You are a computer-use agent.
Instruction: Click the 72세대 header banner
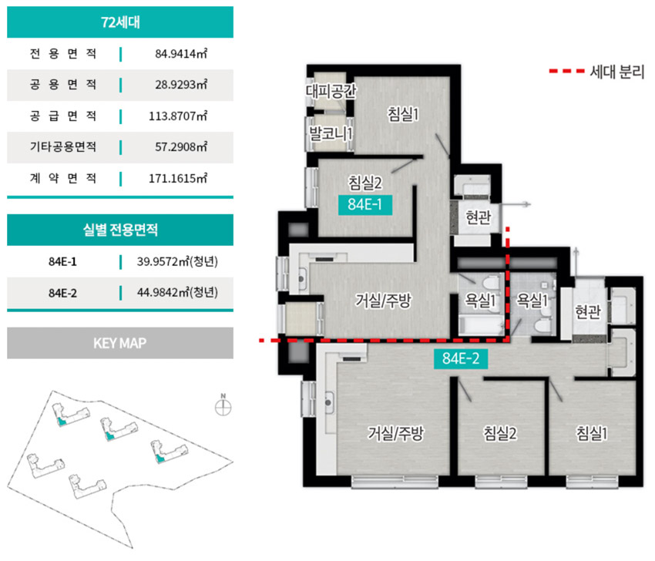pyautogui.click(x=120, y=22)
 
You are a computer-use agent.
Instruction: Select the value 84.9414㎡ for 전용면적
pyautogui.click(x=181, y=54)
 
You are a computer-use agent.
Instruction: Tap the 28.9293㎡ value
pyautogui.click(x=181, y=85)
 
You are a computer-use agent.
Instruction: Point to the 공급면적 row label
pyautogui.click(x=63, y=116)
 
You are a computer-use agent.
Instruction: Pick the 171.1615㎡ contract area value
pyautogui.click(x=178, y=178)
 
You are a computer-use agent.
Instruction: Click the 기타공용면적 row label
pyautogui.click(x=63, y=146)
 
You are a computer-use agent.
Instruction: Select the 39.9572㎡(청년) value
pyautogui.click(x=177, y=261)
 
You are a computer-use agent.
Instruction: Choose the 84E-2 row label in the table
pyautogui.click(x=62, y=294)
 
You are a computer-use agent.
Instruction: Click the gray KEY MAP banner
pyautogui.click(x=120, y=343)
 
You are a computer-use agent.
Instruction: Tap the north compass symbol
pyautogui.click(x=223, y=406)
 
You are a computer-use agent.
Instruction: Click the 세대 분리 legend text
pyautogui.click(x=617, y=72)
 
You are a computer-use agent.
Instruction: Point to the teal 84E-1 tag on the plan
pyautogui.click(x=365, y=205)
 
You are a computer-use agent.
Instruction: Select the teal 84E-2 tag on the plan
pyautogui.click(x=461, y=358)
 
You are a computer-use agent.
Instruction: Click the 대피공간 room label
pyautogui.click(x=331, y=91)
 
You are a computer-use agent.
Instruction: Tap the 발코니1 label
pyautogui.click(x=331, y=133)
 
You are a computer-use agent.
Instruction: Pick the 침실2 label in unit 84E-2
pyautogui.click(x=500, y=433)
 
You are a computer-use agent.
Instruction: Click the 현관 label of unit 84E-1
pyautogui.click(x=479, y=217)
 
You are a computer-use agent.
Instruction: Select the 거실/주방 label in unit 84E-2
pyautogui.click(x=395, y=433)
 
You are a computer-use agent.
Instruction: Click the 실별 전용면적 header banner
pyautogui.click(x=120, y=230)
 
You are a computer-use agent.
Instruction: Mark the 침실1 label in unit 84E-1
pyautogui.click(x=403, y=114)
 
